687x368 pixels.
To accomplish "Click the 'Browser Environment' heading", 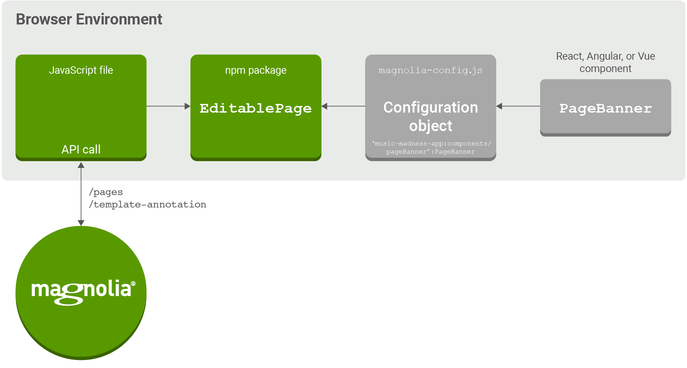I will [x=89, y=19].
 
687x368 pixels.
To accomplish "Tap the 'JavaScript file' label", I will [x=81, y=70].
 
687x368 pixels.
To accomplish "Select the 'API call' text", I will [x=81, y=149].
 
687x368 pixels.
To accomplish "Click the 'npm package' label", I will [x=255, y=70].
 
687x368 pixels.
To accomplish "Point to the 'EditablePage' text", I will [x=255, y=109].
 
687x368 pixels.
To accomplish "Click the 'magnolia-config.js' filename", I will [x=430, y=70].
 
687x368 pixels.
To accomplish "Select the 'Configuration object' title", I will [x=431, y=116].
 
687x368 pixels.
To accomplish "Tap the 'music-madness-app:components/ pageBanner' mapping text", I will [x=431, y=147].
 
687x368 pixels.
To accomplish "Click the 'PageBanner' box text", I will [x=605, y=109].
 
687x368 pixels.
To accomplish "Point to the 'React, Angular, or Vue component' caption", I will [x=605, y=62].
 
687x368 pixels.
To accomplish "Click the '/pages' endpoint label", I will [x=106, y=192].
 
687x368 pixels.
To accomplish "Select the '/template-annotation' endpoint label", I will [x=148, y=205].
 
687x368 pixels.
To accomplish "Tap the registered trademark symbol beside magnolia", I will [x=133, y=284].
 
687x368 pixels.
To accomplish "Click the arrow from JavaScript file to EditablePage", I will [x=168, y=106].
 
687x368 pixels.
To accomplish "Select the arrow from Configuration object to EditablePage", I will [x=343, y=106].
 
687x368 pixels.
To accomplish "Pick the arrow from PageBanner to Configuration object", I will [x=518, y=106].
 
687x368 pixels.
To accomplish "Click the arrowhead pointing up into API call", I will [x=81, y=165].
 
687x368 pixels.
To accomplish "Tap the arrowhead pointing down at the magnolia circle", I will [x=81, y=223].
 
